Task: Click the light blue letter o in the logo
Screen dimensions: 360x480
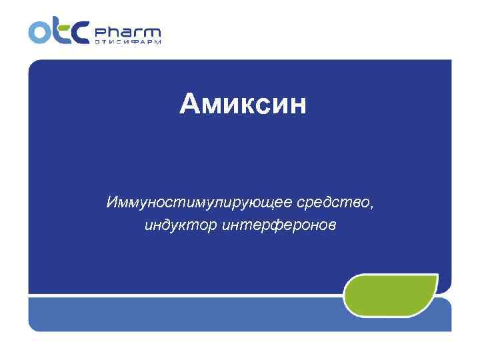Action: [x=39, y=31]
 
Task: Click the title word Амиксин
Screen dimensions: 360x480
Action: [x=243, y=104]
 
